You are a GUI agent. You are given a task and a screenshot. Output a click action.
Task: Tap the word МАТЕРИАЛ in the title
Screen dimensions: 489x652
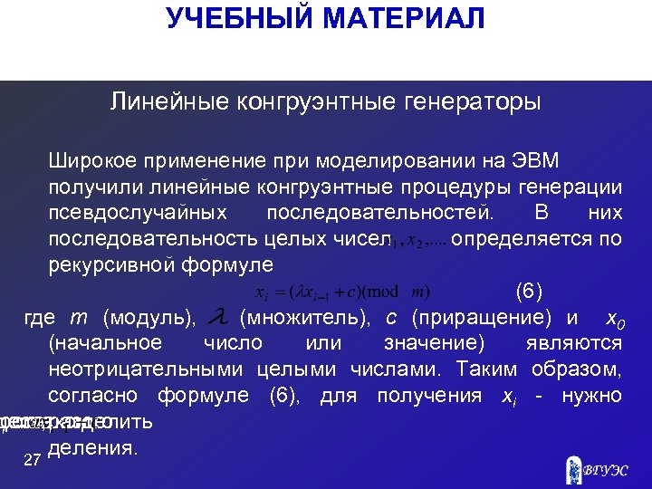(397, 18)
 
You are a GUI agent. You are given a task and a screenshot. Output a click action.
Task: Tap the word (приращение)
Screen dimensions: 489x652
(481, 318)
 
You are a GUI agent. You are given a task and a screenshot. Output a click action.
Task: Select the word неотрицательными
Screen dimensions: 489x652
(146, 369)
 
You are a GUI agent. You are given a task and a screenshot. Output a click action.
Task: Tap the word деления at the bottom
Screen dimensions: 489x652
(94, 447)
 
